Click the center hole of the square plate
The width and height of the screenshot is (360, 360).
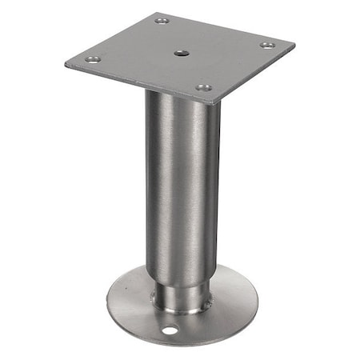pyautogui.click(x=179, y=53)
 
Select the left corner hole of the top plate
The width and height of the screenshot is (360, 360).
pyautogui.click(x=92, y=59)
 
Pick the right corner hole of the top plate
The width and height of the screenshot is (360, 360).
pyautogui.click(x=267, y=45)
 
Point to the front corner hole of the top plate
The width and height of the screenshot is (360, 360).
pyautogui.click(x=204, y=86)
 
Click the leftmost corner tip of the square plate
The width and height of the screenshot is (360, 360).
pyautogui.click(x=66, y=62)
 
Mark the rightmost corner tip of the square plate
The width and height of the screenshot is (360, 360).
pyautogui.click(x=294, y=45)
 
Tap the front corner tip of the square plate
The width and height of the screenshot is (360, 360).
pyautogui.click(x=214, y=103)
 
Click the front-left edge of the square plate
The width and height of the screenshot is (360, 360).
pyautogui.click(x=136, y=85)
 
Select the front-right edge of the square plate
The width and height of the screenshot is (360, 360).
pyautogui.click(x=256, y=76)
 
